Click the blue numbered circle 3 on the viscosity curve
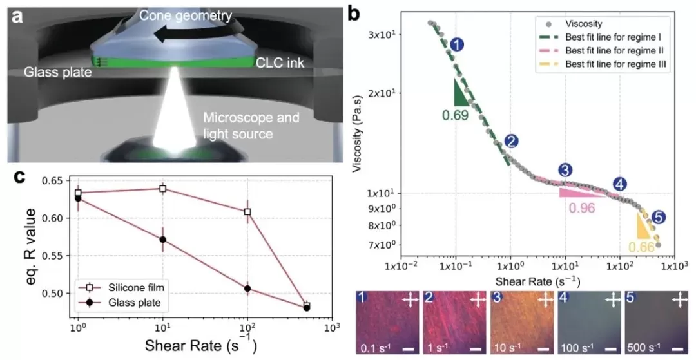(565, 170)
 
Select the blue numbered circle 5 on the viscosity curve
(658, 218)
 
